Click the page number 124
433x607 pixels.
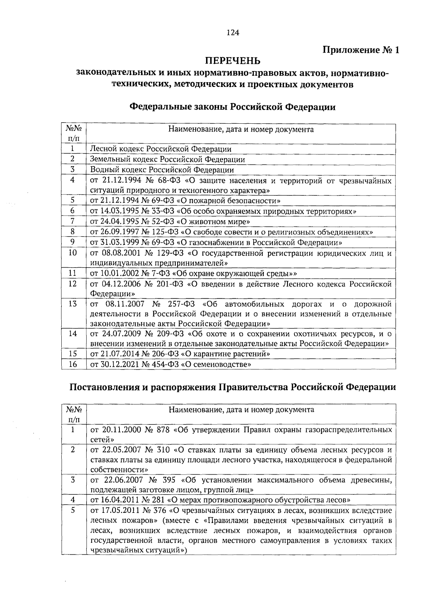pos(233,33)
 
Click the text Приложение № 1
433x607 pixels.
pos(361,50)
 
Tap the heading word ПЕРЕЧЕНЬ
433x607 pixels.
pos(233,60)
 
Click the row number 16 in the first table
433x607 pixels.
pos(73,364)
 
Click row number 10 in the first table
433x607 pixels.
pos(73,252)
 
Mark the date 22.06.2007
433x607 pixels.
pos(123,480)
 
